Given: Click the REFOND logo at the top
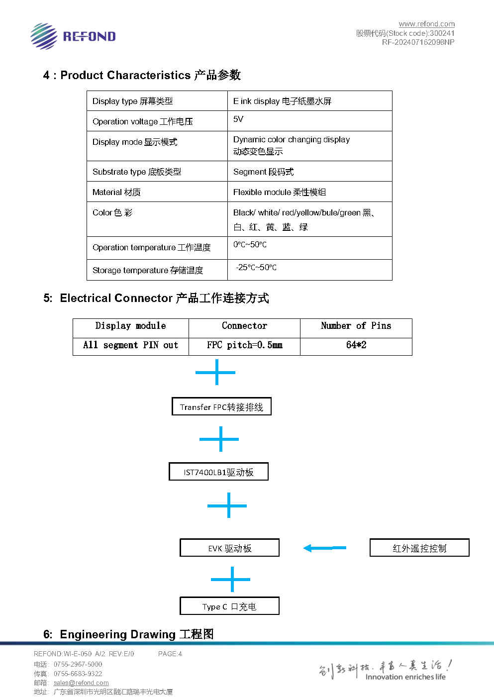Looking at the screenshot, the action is (73, 36).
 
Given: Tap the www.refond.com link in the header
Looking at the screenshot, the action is (426, 24).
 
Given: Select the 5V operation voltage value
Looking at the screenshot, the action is (238, 119).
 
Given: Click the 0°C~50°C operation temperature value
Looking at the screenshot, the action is (250, 245).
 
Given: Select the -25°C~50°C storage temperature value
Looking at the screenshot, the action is (256, 267).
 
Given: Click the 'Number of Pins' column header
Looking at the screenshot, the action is (356, 326).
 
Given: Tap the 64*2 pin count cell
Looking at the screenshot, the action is (356, 345).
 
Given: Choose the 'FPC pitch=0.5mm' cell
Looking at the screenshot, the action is (245, 345).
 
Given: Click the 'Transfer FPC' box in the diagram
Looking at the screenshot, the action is (221, 406).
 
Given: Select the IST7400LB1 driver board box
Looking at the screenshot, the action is (218, 472).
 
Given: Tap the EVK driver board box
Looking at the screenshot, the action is (229, 547).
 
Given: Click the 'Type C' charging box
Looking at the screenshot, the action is (229, 606).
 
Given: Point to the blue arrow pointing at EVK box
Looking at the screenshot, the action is (325, 548).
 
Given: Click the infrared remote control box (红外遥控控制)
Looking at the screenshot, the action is (419, 547).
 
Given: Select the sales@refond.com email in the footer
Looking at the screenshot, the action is (81, 683).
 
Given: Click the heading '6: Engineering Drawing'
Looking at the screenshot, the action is (128, 634).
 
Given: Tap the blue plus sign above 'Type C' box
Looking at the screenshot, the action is (231, 579).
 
